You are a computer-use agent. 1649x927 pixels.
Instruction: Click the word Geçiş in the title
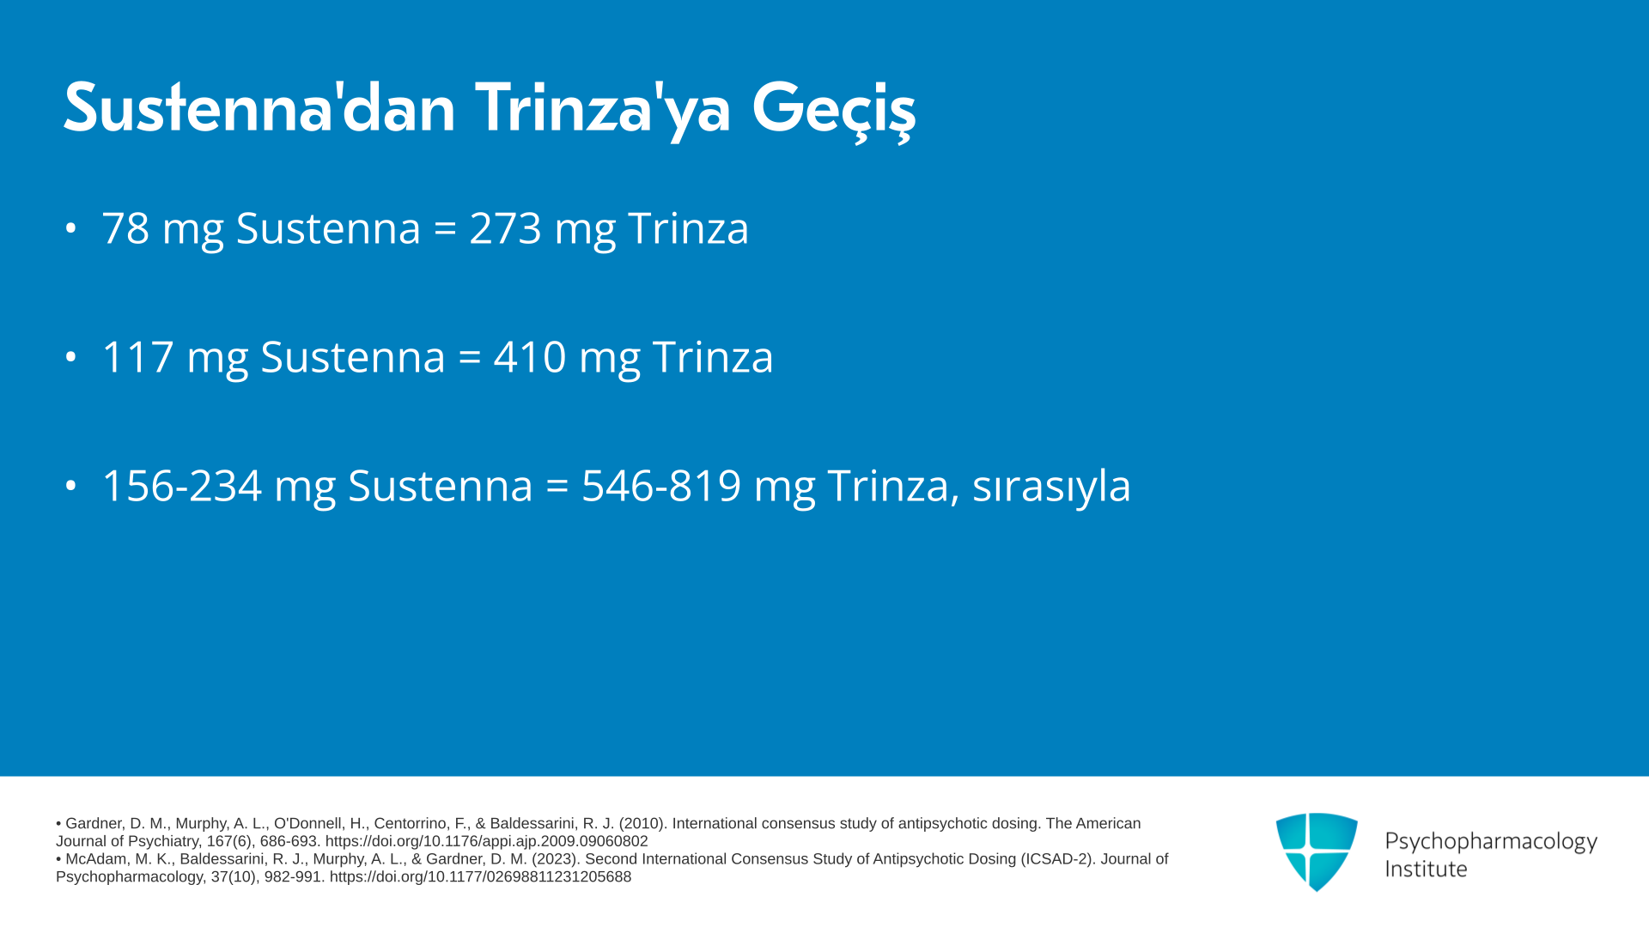click(834, 111)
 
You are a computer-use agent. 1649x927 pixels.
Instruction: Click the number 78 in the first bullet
click(125, 228)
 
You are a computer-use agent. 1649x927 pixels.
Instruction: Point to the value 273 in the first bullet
click(505, 228)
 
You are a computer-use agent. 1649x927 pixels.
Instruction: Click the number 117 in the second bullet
click(137, 357)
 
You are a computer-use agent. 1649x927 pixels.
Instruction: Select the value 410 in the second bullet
click(530, 357)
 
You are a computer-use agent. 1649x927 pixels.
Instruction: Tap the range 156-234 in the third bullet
click(182, 486)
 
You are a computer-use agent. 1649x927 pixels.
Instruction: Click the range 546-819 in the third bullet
click(661, 486)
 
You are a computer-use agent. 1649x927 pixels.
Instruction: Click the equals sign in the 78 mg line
click(445, 229)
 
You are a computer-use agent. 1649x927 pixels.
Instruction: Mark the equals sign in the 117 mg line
click(470, 358)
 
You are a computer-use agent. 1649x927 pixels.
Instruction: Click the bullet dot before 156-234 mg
click(71, 486)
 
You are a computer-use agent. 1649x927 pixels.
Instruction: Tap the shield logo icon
click(1317, 851)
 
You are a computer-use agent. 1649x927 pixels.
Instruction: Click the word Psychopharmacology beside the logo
click(1491, 842)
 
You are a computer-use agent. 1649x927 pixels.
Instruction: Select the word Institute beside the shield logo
click(1427, 869)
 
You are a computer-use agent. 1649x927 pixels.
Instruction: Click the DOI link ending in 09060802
click(486, 842)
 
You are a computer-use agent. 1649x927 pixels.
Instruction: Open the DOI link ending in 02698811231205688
click(480, 877)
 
